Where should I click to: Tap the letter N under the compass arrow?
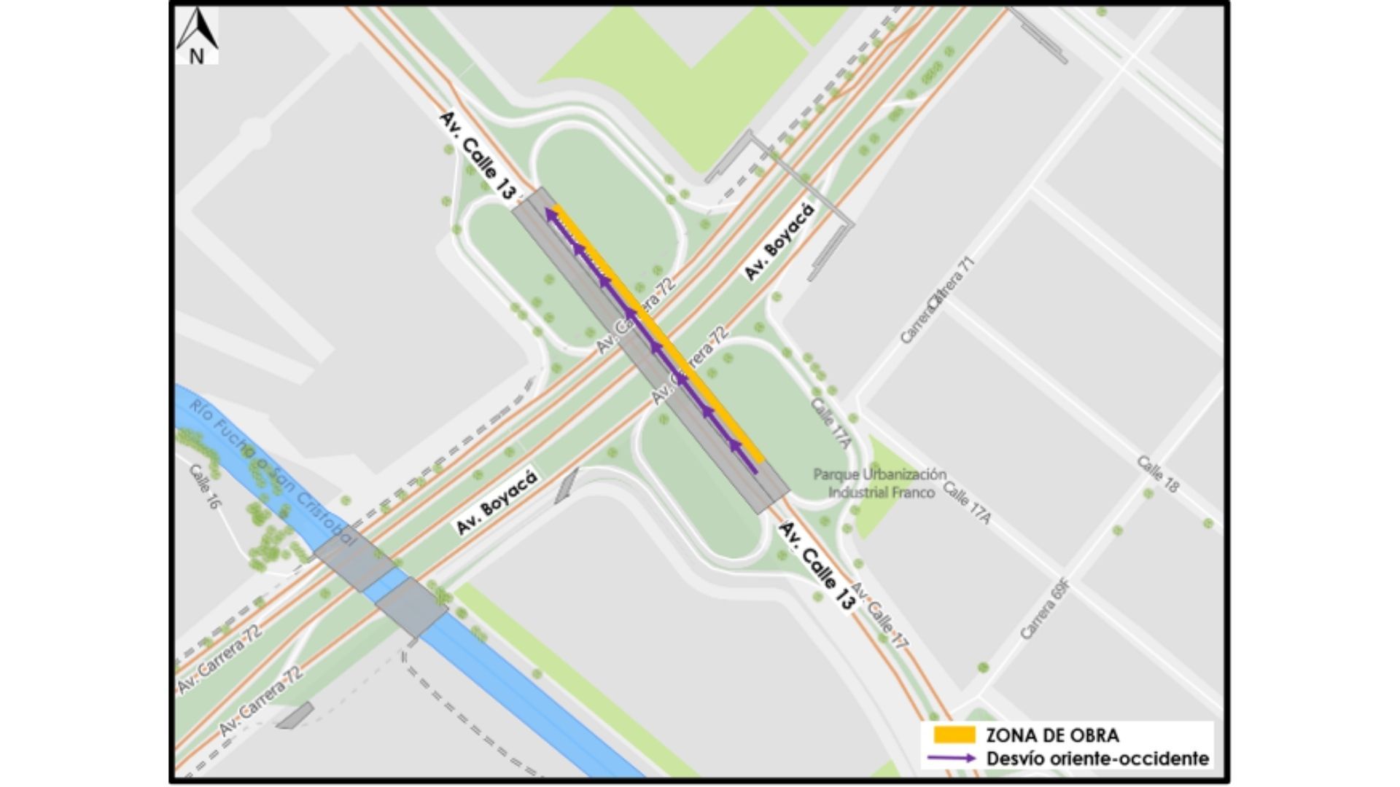[197, 56]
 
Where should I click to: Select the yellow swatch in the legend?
[954, 735]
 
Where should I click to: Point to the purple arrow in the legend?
[952, 759]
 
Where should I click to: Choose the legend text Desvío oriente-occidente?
[1097, 759]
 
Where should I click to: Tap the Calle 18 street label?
[1157, 474]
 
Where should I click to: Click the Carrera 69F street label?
[1045, 608]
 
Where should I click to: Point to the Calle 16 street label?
[204, 486]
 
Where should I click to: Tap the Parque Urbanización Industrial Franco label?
[880, 483]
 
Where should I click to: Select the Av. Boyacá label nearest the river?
[497, 502]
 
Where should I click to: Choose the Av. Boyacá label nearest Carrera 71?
[779, 241]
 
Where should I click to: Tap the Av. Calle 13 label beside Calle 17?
[816, 565]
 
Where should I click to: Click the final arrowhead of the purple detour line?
[551, 213]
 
